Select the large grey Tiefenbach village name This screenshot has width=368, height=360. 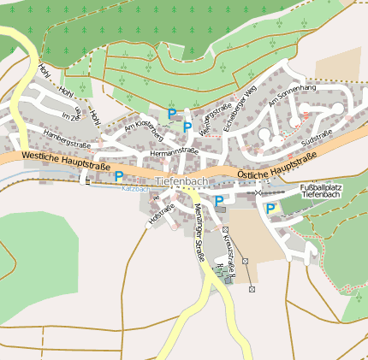(182, 182)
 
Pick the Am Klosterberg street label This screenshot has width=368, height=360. (144, 133)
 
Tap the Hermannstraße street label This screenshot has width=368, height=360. (174, 151)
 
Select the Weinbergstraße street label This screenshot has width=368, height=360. (210, 124)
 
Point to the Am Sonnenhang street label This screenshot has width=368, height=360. (292, 95)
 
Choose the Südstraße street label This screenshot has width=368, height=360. (316, 139)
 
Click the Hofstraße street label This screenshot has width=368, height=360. (161, 214)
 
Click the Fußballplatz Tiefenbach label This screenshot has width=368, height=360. (321, 191)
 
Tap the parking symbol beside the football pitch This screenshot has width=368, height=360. (270, 208)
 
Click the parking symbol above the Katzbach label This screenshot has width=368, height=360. (118, 176)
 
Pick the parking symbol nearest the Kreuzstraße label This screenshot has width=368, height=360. (219, 202)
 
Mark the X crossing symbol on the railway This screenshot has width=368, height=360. (257, 193)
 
